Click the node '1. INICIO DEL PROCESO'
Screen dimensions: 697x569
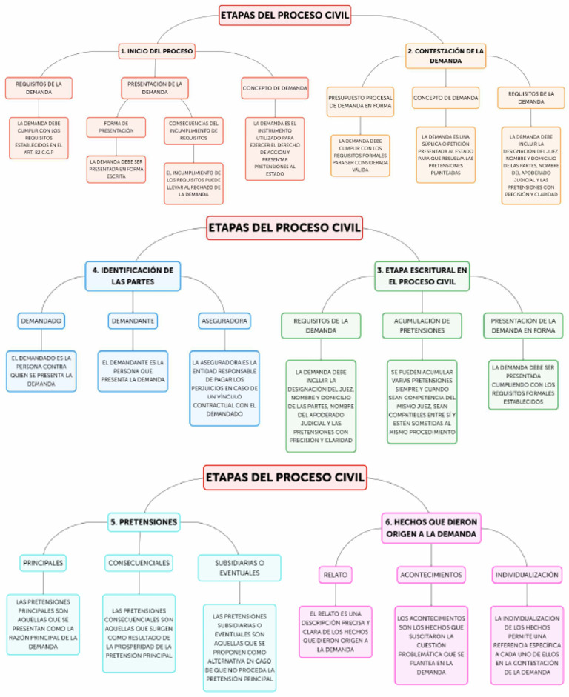tap(156, 51)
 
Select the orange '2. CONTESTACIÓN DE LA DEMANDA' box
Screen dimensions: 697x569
tap(446, 56)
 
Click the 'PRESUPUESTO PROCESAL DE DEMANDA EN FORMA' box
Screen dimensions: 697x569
tap(361, 102)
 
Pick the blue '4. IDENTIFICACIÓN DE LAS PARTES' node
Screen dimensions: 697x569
tap(133, 276)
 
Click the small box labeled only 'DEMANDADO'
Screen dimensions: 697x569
tap(41, 321)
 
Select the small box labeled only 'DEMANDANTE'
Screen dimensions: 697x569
tap(133, 321)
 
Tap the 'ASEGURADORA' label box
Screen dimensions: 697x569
tap(224, 321)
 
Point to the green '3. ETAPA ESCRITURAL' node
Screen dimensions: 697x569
tap(422, 276)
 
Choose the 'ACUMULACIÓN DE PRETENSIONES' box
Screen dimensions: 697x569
tap(421, 325)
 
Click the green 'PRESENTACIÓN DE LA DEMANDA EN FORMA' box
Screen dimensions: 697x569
tap(523, 325)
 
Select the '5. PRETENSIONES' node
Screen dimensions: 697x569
tap(144, 522)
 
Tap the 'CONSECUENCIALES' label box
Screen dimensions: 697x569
tap(139, 563)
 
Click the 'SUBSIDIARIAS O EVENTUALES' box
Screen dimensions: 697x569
tap(239, 567)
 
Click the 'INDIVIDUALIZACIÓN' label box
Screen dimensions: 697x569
tap(527, 574)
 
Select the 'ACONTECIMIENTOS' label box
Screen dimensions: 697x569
tap(431, 574)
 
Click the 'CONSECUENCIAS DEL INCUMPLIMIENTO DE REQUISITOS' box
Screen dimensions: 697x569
tap(193, 130)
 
